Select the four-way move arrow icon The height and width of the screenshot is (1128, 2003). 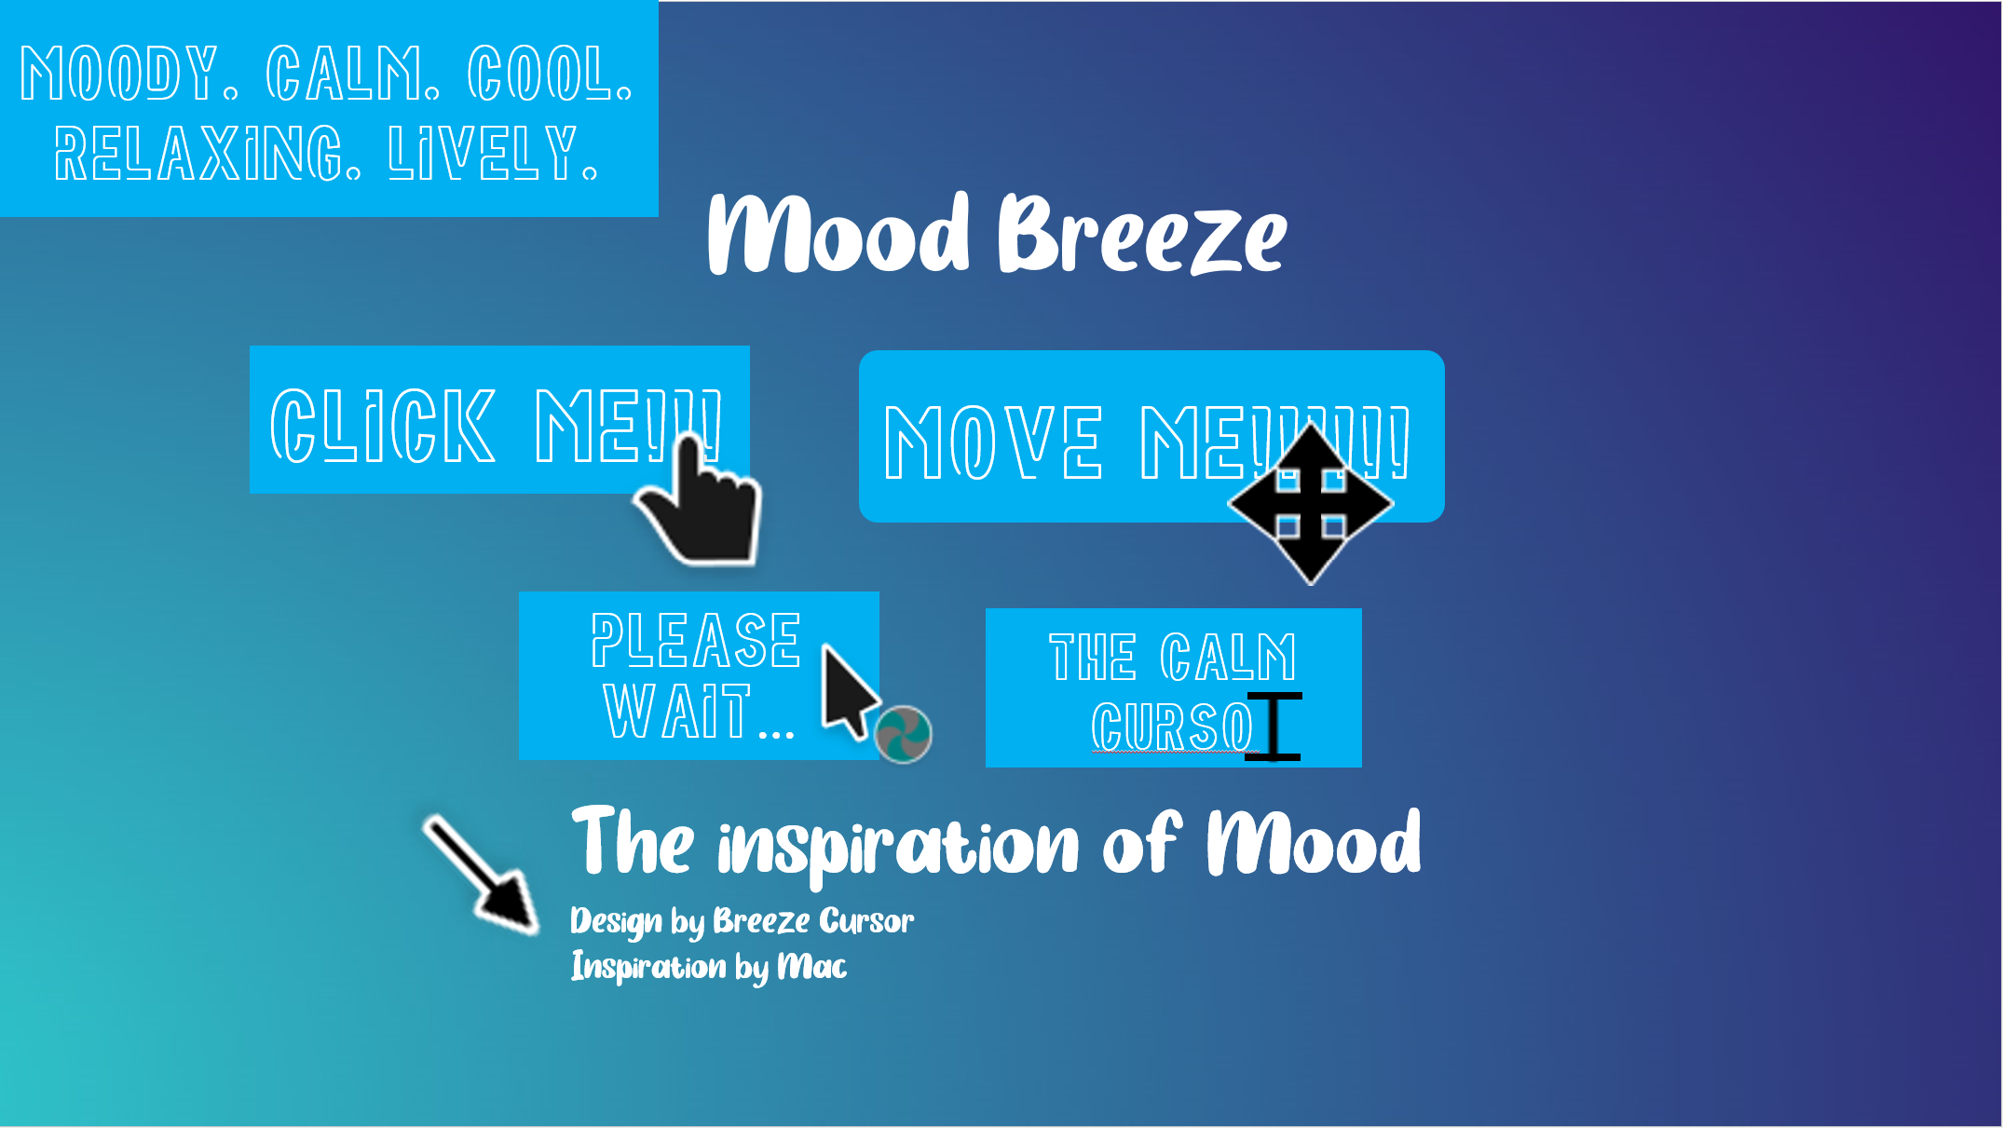[x=1310, y=504]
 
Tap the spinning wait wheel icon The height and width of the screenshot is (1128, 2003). [x=903, y=734]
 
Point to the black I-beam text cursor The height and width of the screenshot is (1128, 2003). [x=1274, y=727]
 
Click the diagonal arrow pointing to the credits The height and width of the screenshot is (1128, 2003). [x=480, y=874]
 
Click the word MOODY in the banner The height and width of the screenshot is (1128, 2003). [x=118, y=74]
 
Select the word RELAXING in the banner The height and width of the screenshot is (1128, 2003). [x=207, y=154]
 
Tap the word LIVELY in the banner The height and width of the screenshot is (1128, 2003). [x=492, y=154]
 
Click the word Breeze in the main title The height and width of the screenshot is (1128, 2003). [x=1142, y=234]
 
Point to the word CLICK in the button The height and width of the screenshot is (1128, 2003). [x=382, y=426]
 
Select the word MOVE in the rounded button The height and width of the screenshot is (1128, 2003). [x=993, y=442]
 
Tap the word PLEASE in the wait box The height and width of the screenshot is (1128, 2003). [x=696, y=640]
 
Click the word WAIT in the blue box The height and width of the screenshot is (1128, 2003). [x=677, y=711]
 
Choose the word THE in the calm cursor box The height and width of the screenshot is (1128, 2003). [x=1092, y=658]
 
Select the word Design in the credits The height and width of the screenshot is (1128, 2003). [x=616, y=921]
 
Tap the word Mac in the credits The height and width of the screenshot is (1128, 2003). [x=812, y=967]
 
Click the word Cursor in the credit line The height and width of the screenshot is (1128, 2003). [x=866, y=921]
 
